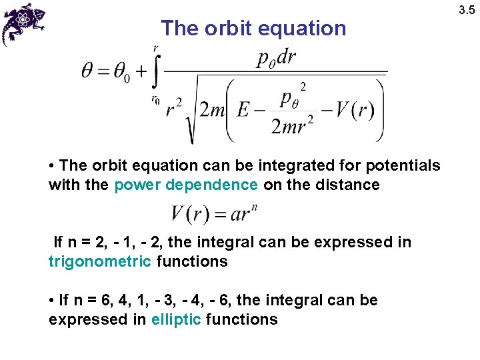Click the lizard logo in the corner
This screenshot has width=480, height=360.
click(24, 24)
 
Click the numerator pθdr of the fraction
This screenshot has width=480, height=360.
click(276, 57)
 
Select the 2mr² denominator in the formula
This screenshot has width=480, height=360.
click(293, 124)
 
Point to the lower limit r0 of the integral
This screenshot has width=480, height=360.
click(155, 99)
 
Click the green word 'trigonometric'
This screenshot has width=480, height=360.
click(99, 261)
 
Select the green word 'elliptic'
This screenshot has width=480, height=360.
click(176, 319)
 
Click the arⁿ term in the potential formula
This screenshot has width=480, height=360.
click(244, 215)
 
